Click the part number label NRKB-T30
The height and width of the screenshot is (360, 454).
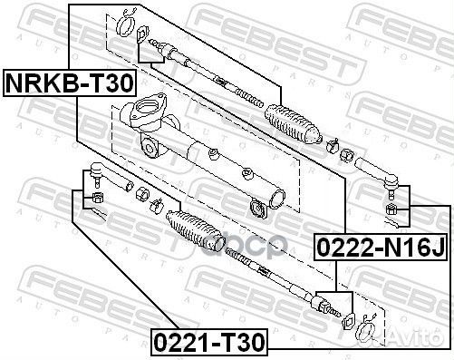click(x=70, y=83)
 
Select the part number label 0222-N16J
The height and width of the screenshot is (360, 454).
click(x=381, y=248)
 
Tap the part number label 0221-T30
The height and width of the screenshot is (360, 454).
click(x=209, y=342)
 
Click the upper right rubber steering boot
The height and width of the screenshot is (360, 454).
click(x=292, y=124)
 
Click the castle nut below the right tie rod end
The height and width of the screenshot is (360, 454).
click(x=391, y=209)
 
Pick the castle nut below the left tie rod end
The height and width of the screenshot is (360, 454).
click(x=97, y=198)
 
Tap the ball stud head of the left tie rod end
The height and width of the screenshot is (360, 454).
click(x=97, y=169)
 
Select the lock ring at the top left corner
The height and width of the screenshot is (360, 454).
click(x=125, y=24)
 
